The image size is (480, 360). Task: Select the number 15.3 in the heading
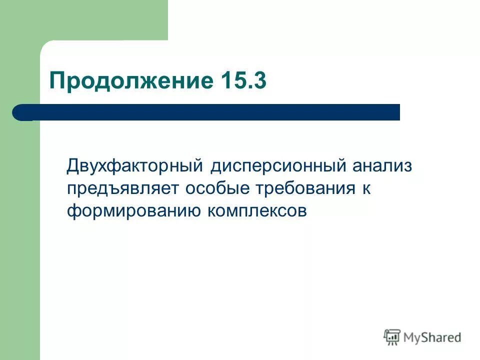point(243,80)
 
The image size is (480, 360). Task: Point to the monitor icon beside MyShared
point(392,337)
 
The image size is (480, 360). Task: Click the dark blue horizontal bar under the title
point(210,112)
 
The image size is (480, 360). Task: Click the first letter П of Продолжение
point(56,80)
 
